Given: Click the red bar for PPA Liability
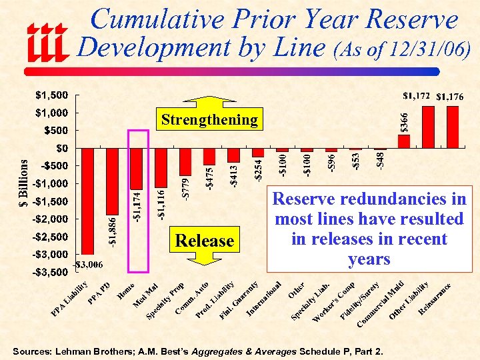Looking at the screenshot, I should click(87, 200).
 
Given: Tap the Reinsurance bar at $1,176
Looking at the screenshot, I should click(453, 127).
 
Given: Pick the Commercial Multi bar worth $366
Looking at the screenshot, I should click(404, 141).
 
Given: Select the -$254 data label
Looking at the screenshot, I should click(258, 167).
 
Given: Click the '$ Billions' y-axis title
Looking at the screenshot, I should click(22, 183).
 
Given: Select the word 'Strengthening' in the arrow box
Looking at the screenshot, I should click(209, 120).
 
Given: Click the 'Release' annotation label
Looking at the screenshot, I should click(204, 241).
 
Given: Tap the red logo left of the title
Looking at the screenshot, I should click(46, 42).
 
